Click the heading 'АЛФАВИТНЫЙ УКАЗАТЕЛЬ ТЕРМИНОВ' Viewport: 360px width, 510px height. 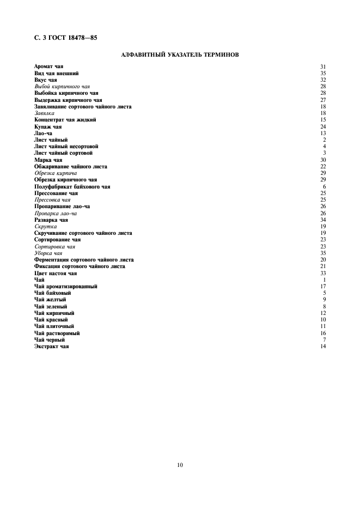[179, 54]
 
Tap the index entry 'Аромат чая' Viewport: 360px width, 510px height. [48, 66]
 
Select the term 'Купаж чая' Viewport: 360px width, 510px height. [48, 126]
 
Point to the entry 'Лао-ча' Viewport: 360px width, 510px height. [43, 133]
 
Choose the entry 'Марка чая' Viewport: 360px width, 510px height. [48, 160]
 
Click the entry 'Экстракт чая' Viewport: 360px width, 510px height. [52, 347]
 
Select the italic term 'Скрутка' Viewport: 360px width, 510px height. [45, 227]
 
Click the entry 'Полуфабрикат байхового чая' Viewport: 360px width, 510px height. [72, 187]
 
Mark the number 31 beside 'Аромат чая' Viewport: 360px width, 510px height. [323, 66]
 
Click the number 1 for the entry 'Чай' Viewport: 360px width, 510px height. [324, 280]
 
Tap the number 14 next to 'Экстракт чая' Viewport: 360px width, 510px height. [323, 347]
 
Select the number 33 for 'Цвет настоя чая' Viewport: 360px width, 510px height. [323, 274]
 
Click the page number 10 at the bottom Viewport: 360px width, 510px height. [180, 465]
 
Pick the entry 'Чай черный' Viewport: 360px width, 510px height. [50, 340]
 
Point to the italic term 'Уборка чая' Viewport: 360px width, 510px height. [48, 253]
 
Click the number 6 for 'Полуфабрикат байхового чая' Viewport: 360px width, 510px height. [324, 187]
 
